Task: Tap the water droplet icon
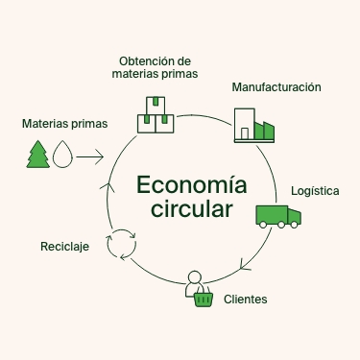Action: pos(62,154)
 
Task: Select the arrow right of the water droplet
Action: pos(90,154)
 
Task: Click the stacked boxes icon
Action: pos(156,114)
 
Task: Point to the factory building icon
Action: pos(254,125)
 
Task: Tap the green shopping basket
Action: pos(203,299)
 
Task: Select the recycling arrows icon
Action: pos(122,244)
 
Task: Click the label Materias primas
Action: pos(64,124)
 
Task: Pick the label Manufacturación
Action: pos(276,86)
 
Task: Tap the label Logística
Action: pos(315,191)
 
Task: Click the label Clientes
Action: pos(245,300)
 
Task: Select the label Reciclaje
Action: pos(64,247)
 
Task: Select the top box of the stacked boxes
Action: pos(156,103)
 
